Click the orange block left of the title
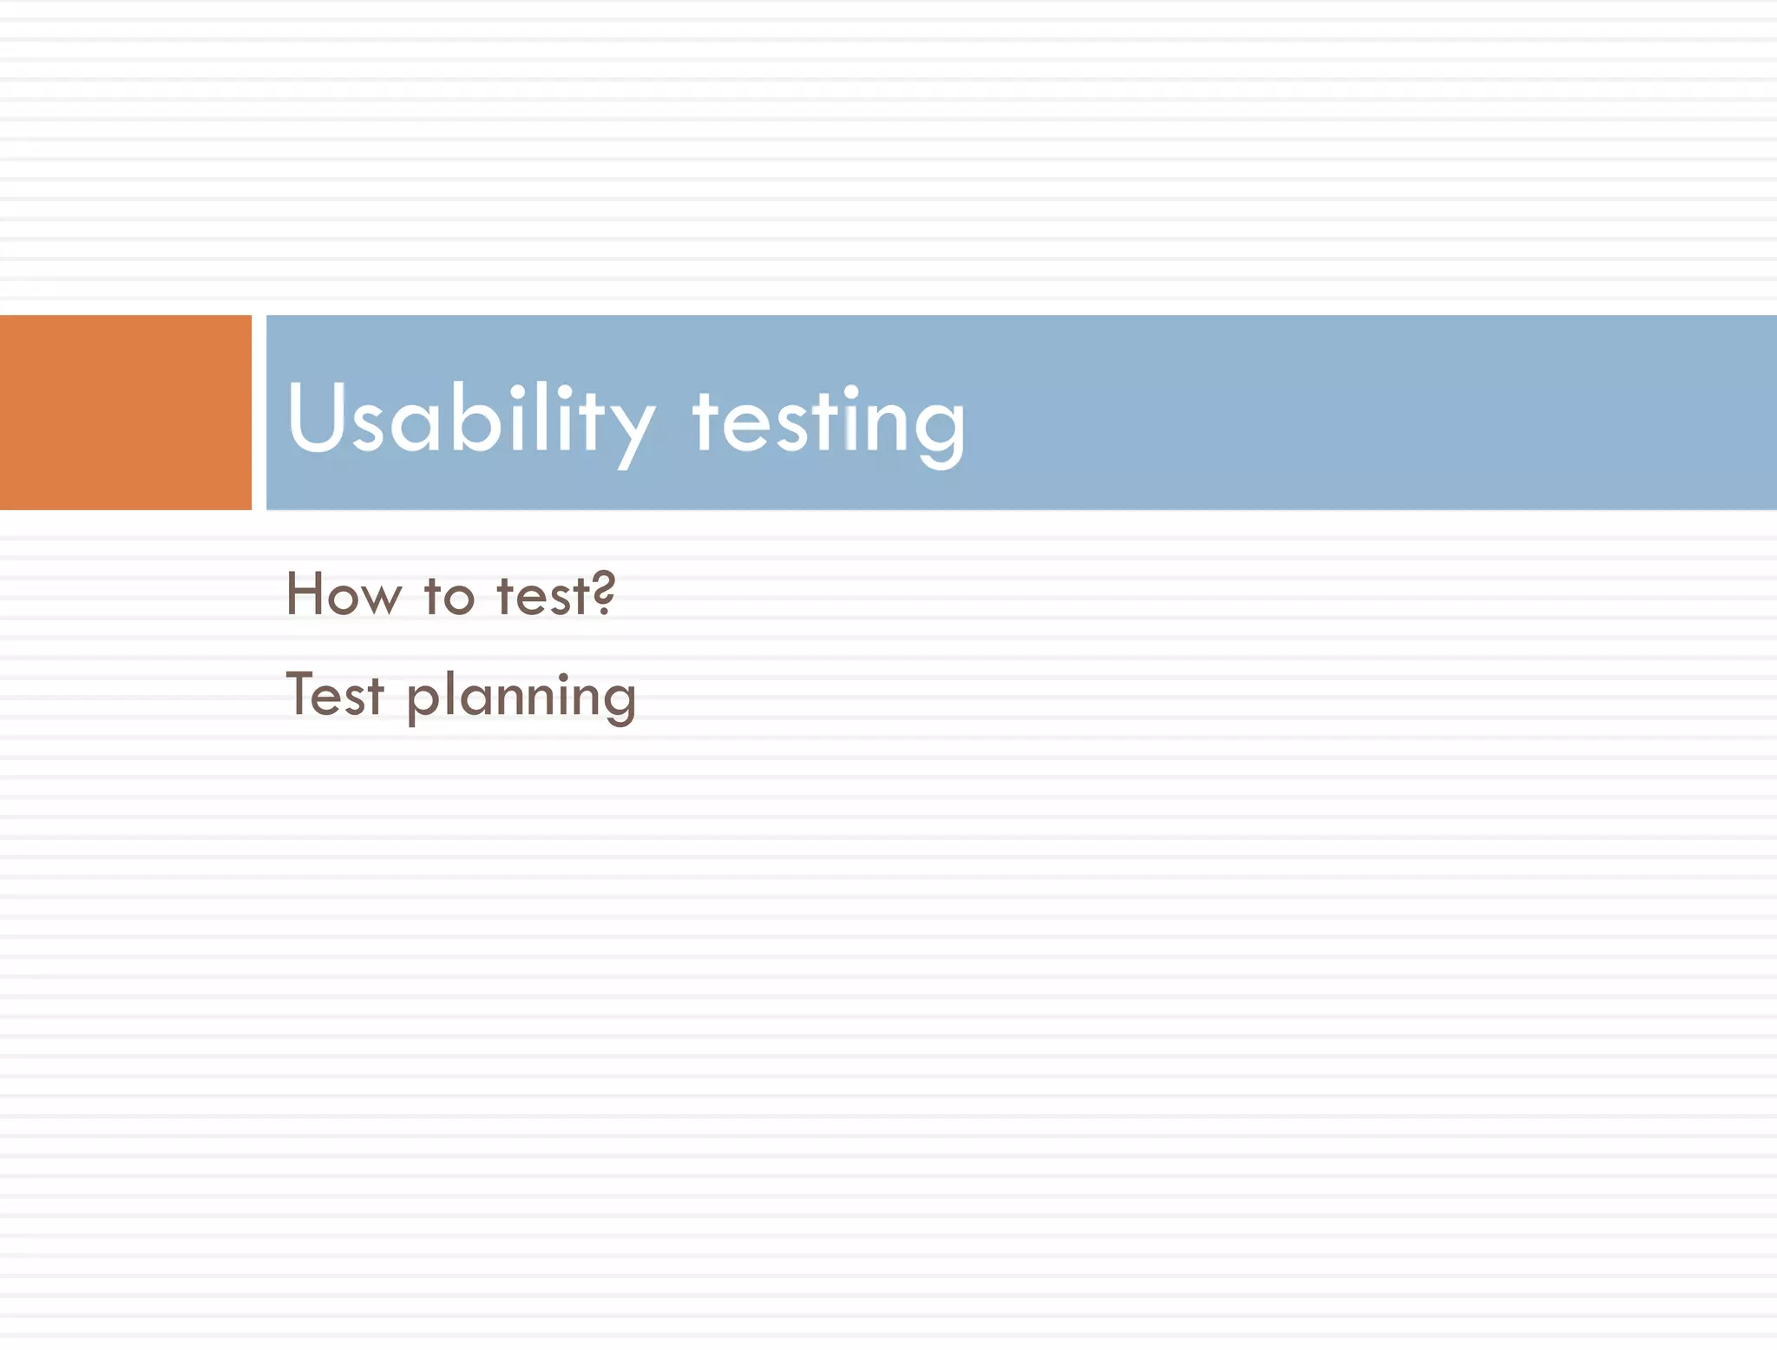(125, 412)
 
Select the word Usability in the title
(469, 421)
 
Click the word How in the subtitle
(344, 595)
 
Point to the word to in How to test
(449, 597)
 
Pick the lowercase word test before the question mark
(543, 597)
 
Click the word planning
(521, 698)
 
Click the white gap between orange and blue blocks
(259, 412)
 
